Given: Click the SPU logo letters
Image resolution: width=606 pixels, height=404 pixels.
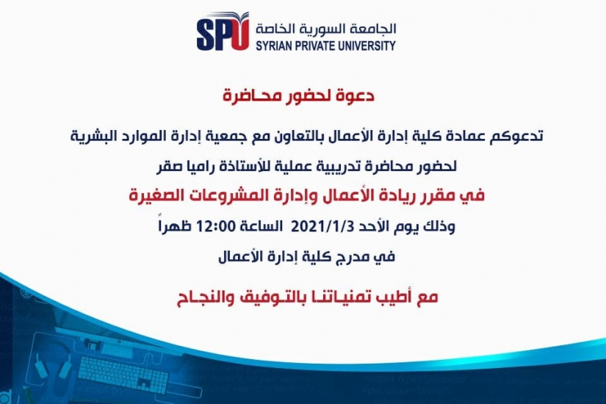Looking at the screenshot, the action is pos(223,32).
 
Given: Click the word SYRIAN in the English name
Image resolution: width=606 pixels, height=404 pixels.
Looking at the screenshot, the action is pos(274,46).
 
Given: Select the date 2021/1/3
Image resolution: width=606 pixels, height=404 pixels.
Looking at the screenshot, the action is pos(322,226).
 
